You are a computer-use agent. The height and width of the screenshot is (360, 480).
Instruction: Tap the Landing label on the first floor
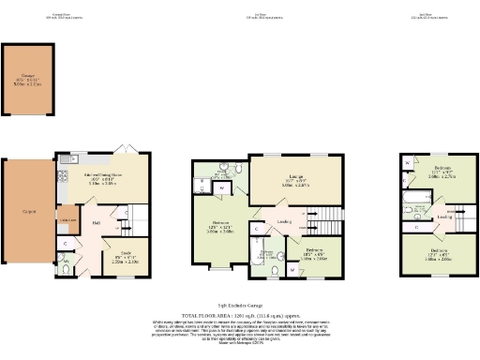(x=284, y=222)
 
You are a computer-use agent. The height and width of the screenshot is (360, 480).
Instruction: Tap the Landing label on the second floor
(x=443, y=217)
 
